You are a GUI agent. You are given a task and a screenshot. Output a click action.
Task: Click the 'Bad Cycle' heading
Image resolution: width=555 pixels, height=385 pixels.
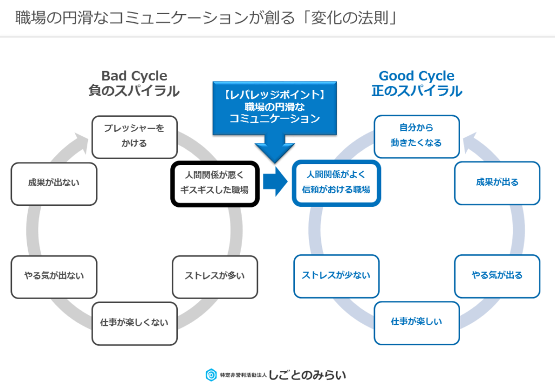134,76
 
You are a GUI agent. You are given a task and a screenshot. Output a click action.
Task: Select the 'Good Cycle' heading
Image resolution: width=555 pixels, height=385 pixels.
417,76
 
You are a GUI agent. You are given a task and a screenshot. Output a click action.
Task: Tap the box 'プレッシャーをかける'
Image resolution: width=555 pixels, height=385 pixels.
134,137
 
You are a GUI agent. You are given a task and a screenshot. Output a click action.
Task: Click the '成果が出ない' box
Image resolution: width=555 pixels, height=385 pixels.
54,184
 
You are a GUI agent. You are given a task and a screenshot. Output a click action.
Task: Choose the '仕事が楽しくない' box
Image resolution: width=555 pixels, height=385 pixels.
134,324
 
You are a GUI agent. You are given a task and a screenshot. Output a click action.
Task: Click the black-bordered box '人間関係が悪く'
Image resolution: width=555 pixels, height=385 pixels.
215,184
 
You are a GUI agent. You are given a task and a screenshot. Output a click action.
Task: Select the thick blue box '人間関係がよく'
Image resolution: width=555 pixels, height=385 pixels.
336,184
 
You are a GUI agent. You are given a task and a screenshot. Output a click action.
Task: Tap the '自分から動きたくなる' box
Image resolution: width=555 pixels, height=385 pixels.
417,136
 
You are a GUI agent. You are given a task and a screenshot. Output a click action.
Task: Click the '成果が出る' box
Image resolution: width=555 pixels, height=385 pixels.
498,184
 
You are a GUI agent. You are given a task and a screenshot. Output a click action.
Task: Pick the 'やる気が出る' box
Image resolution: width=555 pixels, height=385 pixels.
498,276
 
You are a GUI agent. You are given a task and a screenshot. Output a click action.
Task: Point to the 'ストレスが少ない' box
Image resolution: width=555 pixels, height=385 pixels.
336,276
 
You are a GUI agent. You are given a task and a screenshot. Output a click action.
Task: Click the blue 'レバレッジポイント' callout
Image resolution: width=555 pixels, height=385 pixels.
275,108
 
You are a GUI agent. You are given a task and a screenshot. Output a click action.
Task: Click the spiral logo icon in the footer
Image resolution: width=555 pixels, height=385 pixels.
211,375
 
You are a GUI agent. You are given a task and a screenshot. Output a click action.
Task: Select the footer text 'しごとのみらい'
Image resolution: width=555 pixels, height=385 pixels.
307,375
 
